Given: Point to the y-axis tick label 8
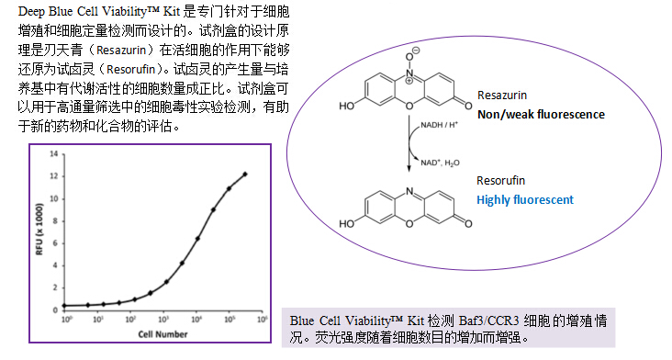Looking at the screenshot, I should point(56,221).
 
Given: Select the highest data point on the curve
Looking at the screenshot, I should point(245,174).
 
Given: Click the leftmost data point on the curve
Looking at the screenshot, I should point(65,305).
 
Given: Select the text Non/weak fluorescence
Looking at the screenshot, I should point(541,114).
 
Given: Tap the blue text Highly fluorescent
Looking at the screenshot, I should point(525,199).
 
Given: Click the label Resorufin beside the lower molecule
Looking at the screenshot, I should point(501,181).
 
